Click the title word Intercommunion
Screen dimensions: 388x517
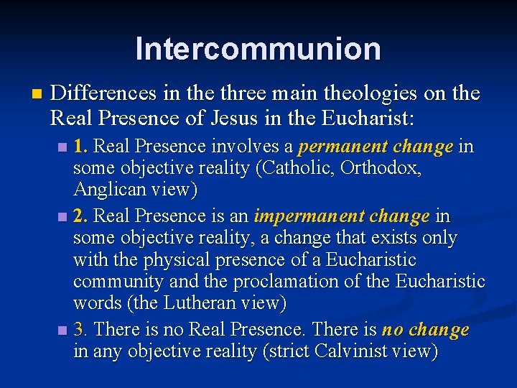[x=258, y=49]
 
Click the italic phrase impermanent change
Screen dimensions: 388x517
[x=342, y=216]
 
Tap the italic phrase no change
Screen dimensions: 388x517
[x=425, y=330]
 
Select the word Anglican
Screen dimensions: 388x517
[x=107, y=191]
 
